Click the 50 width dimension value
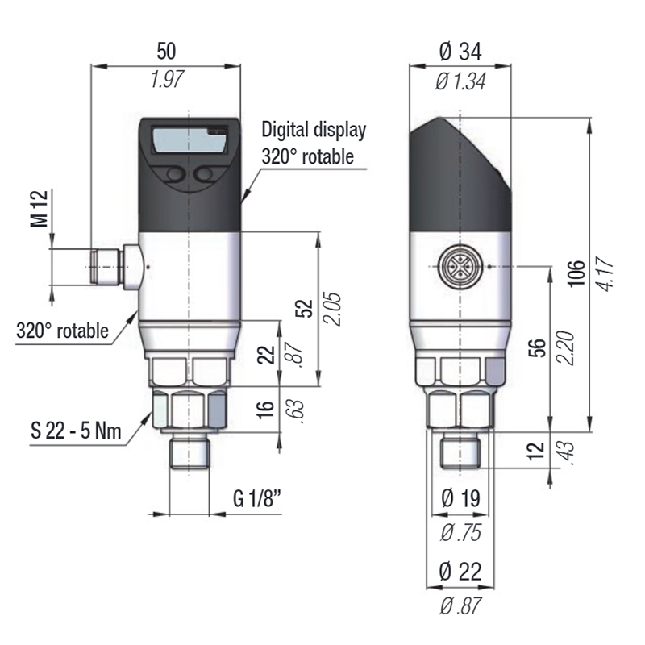coord(166,52)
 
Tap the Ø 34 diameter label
coord(460,52)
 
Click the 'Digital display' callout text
coord(314,129)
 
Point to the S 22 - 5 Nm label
coord(77,430)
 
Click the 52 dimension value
coord(305,309)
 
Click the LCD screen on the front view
coord(189,142)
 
